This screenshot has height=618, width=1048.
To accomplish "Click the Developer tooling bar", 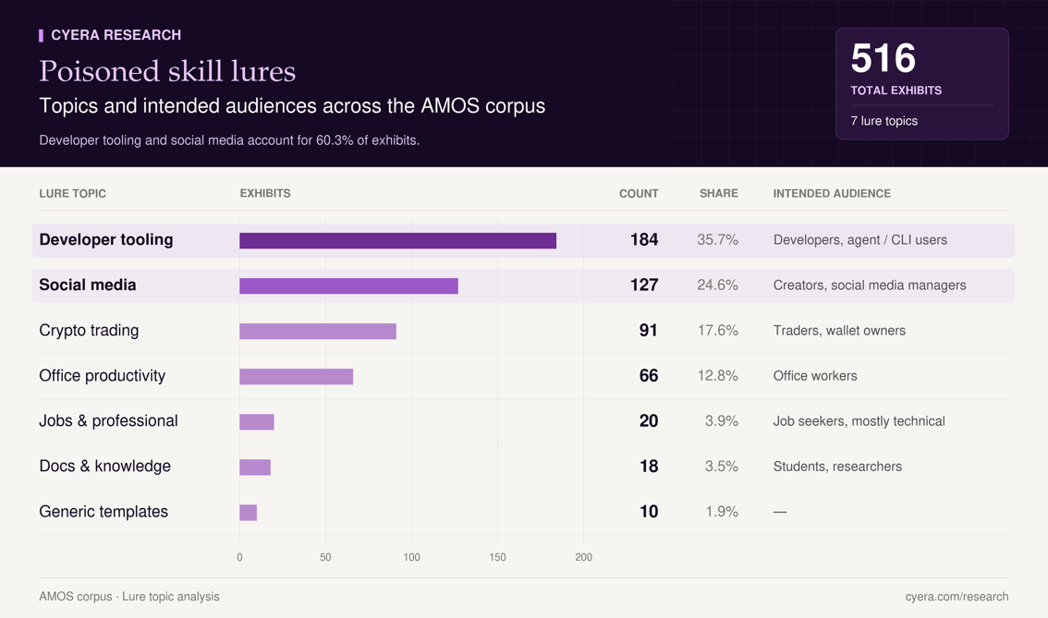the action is point(397,240).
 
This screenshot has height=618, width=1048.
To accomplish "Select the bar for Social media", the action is point(349,286).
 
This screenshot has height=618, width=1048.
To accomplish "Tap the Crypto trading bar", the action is point(318,332).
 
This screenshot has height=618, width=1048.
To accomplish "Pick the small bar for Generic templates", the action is point(248,513).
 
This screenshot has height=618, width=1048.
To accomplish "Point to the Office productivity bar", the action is point(296,377).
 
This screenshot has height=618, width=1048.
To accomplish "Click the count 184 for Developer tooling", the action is point(644,240).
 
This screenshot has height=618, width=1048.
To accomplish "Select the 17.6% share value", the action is point(718,331).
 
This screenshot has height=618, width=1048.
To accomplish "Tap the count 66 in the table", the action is point(649,375).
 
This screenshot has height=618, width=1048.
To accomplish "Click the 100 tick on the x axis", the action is point(412,557).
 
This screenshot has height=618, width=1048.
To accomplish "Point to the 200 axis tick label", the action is point(583,557).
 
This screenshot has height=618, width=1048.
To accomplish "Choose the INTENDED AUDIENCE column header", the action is point(832,194).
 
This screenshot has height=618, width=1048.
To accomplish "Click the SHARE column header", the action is point(719,194).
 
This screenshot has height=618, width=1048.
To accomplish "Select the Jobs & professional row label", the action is point(108,421).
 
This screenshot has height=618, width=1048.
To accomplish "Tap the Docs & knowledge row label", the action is point(105,467).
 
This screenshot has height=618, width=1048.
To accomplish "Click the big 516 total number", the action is point(883,58).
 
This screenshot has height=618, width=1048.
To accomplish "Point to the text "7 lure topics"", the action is point(883,121).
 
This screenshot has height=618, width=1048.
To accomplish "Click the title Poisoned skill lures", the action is point(167,71).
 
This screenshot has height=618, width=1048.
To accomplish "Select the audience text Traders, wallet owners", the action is point(839,331).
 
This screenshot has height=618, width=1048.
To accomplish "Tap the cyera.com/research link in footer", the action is point(957,597).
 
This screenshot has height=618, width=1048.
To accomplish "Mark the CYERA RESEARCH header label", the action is point(116,35).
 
